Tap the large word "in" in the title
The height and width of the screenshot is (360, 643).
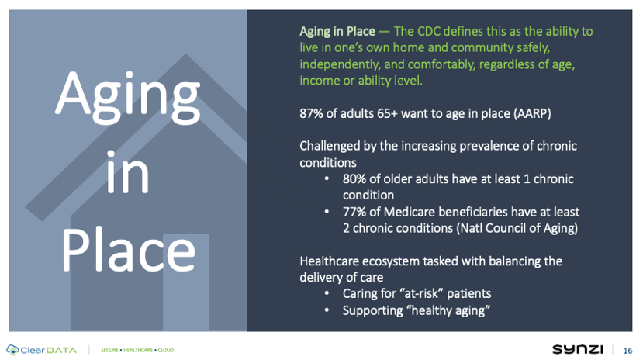[x=127, y=172]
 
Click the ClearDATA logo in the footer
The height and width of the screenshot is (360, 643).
[x=41, y=350]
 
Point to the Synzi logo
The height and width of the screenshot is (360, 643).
[x=578, y=349]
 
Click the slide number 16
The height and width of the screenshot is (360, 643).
[x=627, y=351]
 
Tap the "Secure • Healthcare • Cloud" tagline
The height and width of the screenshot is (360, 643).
[x=137, y=350]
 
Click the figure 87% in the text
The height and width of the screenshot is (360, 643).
[x=311, y=113]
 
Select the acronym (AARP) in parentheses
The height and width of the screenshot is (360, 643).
[x=532, y=113]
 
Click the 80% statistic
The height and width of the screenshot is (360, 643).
[x=354, y=179]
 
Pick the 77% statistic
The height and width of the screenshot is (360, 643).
[x=354, y=212]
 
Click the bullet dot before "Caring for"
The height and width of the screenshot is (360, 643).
[x=327, y=293]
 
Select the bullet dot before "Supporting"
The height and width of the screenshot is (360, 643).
[x=327, y=310]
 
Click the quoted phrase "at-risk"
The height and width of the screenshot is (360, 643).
[x=423, y=294]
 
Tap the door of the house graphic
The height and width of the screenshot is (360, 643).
[x=186, y=282]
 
